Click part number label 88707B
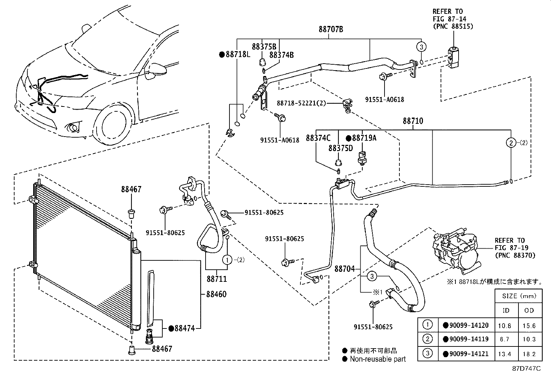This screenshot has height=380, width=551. click(x=331, y=29)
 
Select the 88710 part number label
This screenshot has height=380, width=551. click(x=413, y=121)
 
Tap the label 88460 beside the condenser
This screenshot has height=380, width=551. click(x=216, y=294)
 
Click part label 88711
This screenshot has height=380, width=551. click(x=217, y=279)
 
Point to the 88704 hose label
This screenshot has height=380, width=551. click(x=344, y=269)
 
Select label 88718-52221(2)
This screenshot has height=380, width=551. click(x=301, y=103)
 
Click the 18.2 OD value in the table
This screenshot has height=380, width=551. click(x=529, y=354)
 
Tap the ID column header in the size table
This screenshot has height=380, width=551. click(x=506, y=311)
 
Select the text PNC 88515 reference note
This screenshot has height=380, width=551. click(x=452, y=26)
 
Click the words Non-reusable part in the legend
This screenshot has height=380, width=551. click(x=378, y=359)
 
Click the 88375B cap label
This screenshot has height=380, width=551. click(x=264, y=47)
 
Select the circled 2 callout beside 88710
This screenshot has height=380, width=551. click(x=511, y=142)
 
